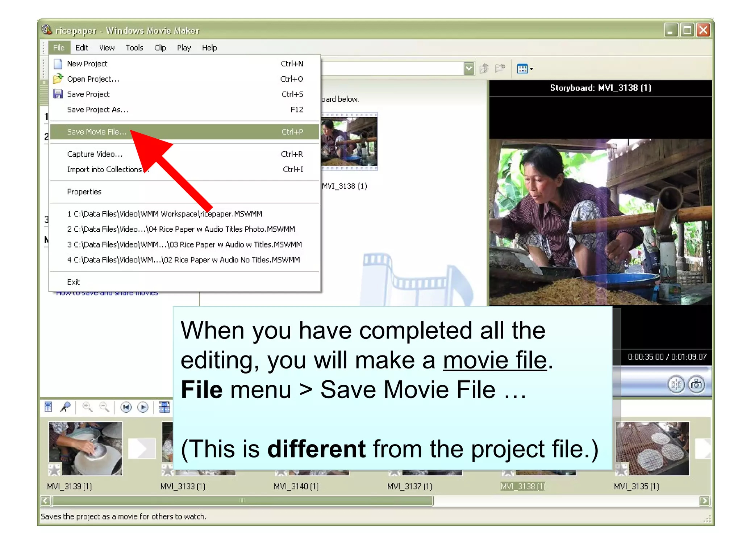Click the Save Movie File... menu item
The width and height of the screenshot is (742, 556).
(x=97, y=132)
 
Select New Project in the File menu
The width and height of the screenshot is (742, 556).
(x=87, y=64)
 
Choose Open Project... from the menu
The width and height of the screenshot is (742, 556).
(x=93, y=79)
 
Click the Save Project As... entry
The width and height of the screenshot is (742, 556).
(x=97, y=110)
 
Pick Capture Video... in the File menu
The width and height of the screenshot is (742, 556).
(x=95, y=154)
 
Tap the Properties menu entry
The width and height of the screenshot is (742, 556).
(x=84, y=192)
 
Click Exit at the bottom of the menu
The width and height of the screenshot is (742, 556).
(x=73, y=282)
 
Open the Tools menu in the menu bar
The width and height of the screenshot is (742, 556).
(x=134, y=48)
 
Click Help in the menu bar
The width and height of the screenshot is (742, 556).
(x=209, y=48)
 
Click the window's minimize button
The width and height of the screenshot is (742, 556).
(x=671, y=30)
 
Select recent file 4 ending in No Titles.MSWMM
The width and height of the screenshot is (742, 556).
(x=183, y=260)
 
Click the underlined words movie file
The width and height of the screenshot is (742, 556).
(x=495, y=361)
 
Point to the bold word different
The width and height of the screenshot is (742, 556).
(x=316, y=449)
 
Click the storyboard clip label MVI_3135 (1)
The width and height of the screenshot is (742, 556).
(x=636, y=486)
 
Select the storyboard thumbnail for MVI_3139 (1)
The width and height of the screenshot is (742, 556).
(x=86, y=448)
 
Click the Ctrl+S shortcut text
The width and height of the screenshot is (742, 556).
(x=292, y=94)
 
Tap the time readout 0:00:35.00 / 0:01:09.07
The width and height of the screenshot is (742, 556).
(x=667, y=357)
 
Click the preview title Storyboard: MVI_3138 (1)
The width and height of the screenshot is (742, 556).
(x=600, y=88)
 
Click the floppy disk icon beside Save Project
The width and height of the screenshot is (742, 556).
(x=58, y=94)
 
